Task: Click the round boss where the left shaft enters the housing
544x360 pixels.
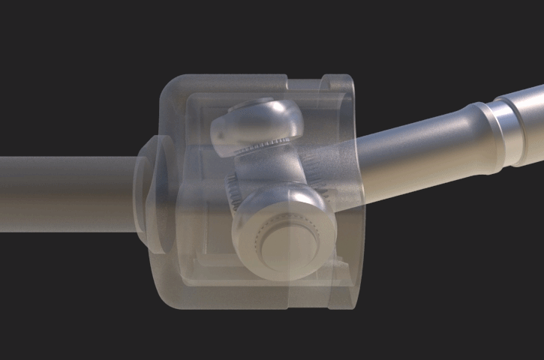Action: (x=147, y=193)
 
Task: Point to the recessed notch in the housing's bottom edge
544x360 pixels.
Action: (x=308, y=306)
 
